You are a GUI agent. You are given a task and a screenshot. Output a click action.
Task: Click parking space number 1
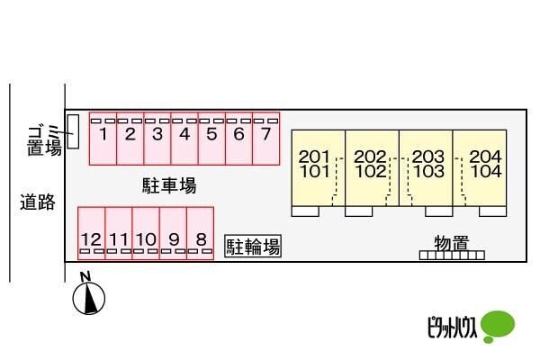pyautogui.click(x=103, y=139)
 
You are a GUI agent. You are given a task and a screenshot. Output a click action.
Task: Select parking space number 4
pyautogui.click(x=184, y=139)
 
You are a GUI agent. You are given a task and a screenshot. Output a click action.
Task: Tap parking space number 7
pyautogui.click(x=265, y=139)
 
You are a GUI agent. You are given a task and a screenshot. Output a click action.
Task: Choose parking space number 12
pyautogui.click(x=92, y=233)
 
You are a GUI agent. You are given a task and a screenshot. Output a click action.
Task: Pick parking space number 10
pyautogui.click(x=146, y=233)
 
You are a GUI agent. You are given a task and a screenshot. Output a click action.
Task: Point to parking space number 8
pyautogui.click(x=201, y=233)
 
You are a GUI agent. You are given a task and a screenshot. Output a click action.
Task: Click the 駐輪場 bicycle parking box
pyautogui.click(x=253, y=246)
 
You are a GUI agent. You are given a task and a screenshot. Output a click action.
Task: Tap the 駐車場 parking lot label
pyautogui.click(x=169, y=185)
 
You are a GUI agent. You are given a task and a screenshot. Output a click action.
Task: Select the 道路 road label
pyautogui.click(x=38, y=202)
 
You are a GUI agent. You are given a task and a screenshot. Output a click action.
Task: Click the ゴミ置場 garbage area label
pyautogui.click(x=45, y=141)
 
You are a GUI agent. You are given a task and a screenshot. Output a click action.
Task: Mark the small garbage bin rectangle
pyautogui.click(x=73, y=131)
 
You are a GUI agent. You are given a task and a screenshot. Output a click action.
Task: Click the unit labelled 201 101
pyautogui.click(x=319, y=168)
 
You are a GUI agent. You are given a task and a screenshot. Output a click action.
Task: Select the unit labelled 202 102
pyautogui.click(x=373, y=168)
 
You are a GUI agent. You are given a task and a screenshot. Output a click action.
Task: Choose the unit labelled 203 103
pyautogui.click(x=426, y=168)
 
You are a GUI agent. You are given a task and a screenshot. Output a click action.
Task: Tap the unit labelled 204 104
pyautogui.click(x=480, y=168)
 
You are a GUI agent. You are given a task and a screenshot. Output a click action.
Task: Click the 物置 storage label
pyautogui.click(x=452, y=243)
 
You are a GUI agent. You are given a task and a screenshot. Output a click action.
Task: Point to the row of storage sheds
pyautogui.click(x=452, y=256)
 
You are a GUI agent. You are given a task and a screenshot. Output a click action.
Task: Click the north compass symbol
pyautogui.click(x=88, y=294)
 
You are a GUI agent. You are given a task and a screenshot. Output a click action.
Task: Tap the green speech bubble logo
pyautogui.click(x=498, y=326)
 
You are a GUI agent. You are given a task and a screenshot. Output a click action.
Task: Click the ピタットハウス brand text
pyautogui.click(x=452, y=327)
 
